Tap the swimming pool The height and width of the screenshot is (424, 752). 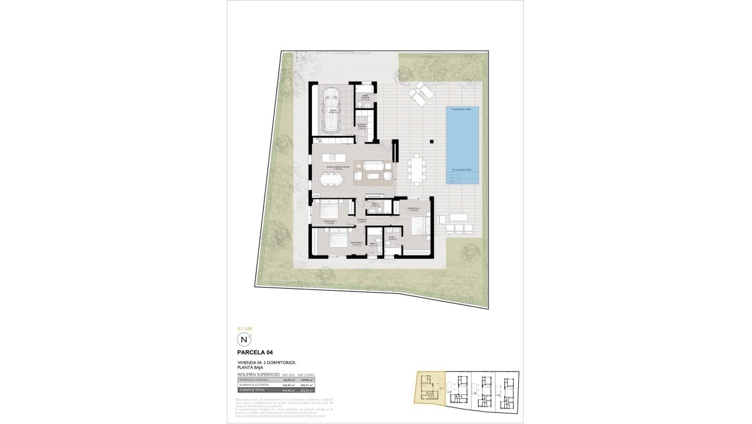(463, 145)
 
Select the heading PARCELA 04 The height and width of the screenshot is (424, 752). (255, 352)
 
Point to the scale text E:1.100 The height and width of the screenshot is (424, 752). (245, 329)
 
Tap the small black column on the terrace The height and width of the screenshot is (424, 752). (431, 141)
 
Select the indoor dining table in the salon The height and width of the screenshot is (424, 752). (331, 181)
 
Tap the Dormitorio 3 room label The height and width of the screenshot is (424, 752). (330, 222)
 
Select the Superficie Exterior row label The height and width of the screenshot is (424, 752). (253, 386)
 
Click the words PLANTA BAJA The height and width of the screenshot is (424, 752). (250, 368)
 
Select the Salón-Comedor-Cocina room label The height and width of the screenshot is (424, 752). (338, 168)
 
